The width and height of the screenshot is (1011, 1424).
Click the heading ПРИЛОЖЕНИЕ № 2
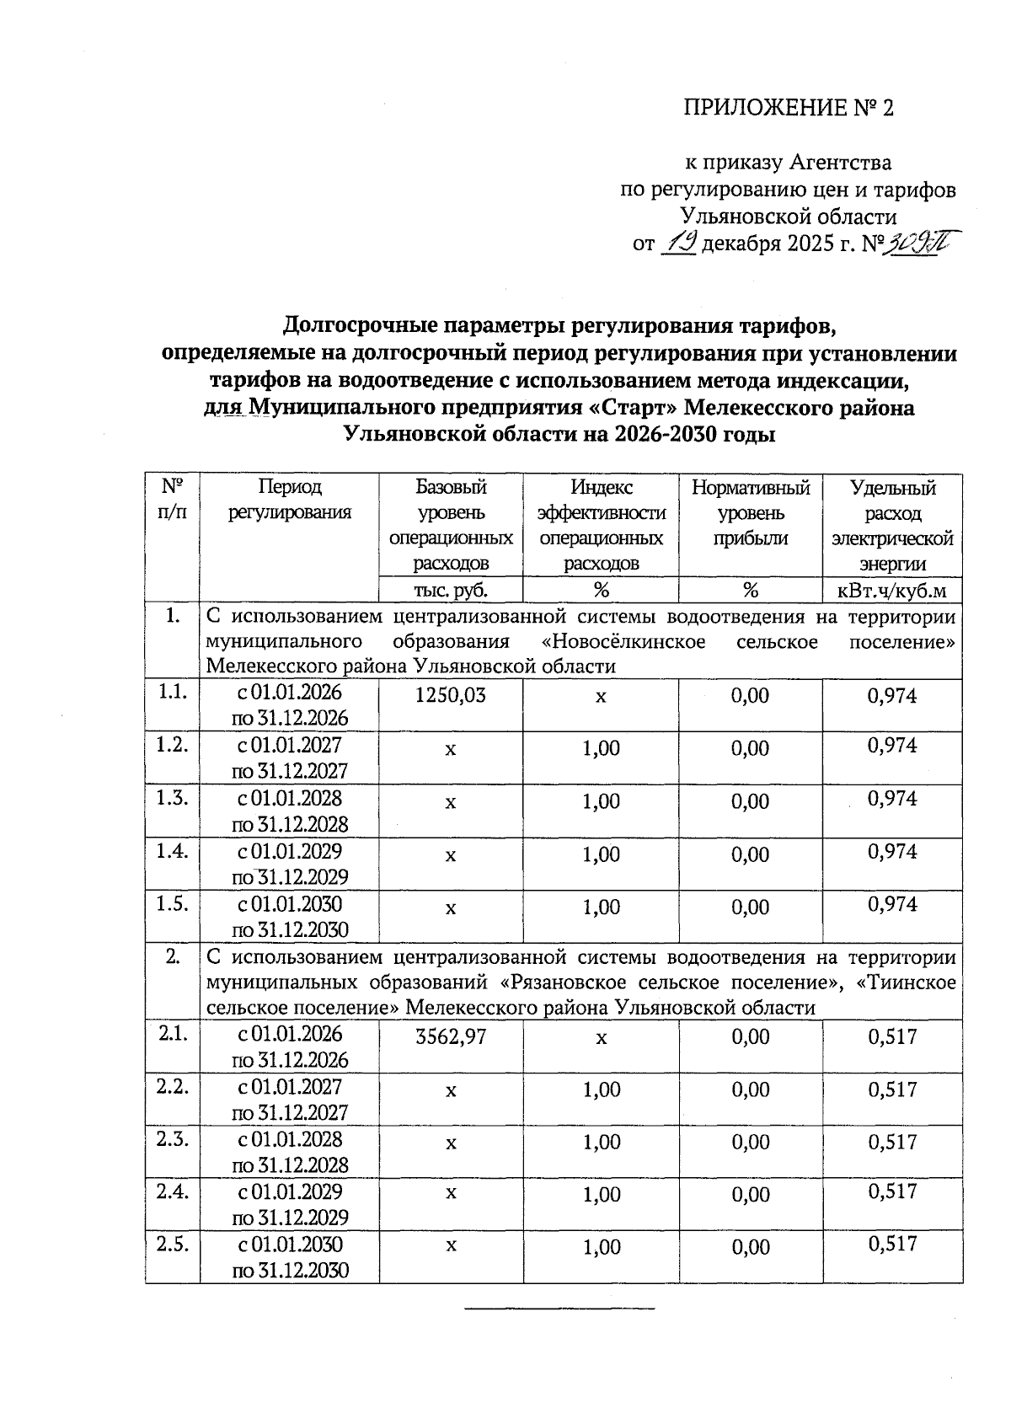[787, 108]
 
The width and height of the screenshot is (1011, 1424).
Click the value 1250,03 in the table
[451, 695]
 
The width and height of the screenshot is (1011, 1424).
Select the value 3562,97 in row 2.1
[451, 1036]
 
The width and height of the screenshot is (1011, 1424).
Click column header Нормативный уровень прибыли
[750, 512]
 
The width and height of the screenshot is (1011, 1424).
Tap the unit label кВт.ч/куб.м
[892, 590]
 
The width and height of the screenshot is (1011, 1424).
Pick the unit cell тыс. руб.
[451, 590]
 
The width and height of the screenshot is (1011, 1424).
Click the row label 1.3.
[172, 798]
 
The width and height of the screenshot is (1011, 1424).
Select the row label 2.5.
[172, 1245]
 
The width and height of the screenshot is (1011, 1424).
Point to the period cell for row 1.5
[290, 917]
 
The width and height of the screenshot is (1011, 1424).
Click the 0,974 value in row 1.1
[892, 695]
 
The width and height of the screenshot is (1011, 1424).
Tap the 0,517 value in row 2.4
[892, 1191]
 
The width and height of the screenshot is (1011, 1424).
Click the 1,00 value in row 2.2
[601, 1089]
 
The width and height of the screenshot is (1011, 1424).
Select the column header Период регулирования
[290, 500]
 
